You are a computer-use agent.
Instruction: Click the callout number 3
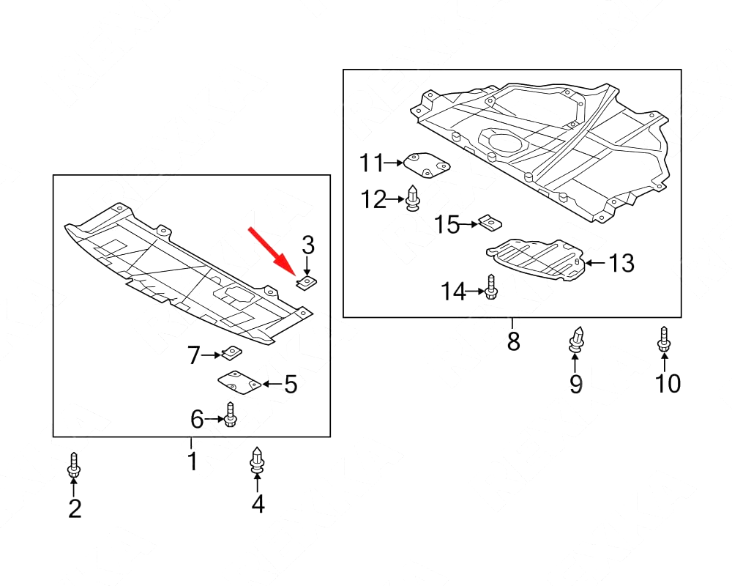click(x=307, y=245)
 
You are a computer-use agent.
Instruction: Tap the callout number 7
click(x=193, y=356)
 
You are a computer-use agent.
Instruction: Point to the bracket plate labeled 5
click(x=239, y=382)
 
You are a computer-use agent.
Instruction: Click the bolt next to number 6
click(x=231, y=415)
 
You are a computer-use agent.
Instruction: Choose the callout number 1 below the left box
click(x=192, y=461)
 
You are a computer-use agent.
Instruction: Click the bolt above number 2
click(x=75, y=465)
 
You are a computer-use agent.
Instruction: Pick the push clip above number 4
click(x=257, y=459)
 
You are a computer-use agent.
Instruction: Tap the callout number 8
click(x=513, y=341)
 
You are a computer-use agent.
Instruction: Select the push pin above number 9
click(x=576, y=339)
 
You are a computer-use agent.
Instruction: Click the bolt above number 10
click(x=664, y=339)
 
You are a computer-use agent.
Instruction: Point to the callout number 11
click(x=371, y=163)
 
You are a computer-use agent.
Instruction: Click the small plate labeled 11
click(x=427, y=165)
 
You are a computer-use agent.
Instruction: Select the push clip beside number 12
click(x=413, y=199)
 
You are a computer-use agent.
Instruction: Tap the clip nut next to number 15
click(x=490, y=222)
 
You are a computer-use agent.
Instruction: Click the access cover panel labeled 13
click(x=538, y=260)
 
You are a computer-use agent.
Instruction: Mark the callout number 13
click(x=621, y=263)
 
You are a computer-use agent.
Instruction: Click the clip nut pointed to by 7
click(x=232, y=353)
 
